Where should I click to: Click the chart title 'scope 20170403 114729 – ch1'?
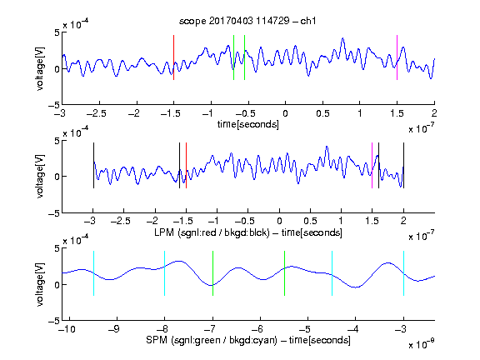(247, 21)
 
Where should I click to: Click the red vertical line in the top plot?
(173, 57)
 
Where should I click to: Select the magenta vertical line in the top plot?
(397, 57)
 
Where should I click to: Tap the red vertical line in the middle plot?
(186, 165)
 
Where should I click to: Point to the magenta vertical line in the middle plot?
(372, 165)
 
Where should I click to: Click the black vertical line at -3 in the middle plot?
(93, 165)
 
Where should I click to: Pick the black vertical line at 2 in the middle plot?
(403, 165)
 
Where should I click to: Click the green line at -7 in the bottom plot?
(212, 273)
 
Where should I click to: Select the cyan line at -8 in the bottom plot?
(165, 273)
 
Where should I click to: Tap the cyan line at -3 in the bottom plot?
(403, 273)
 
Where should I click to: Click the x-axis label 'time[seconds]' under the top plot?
(248, 125)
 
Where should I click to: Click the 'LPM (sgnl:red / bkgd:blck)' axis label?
(212, 232)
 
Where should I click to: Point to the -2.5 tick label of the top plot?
(97, 113)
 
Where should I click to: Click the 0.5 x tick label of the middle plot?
(310, 221)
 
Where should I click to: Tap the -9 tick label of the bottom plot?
(114, 329)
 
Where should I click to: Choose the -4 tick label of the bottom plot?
(353, 329)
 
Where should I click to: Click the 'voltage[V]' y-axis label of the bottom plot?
(40, 284)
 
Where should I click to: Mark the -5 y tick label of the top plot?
(54, 105)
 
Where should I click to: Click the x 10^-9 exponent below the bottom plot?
(421, 344)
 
